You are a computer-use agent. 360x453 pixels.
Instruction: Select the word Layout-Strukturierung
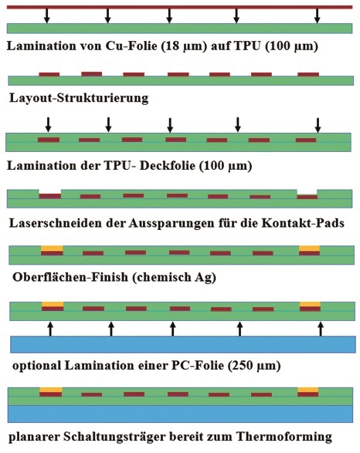pyautogui.click(x=79, y=98)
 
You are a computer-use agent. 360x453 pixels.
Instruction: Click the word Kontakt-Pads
pyautogui.click(x=303, y=223)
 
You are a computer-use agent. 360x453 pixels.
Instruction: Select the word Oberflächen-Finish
pyautogui.click(x=70, y=277)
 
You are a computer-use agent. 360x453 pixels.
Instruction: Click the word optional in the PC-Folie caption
pyautogui.click(x=37, y=366)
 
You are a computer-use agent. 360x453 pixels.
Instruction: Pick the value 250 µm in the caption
pyautogui.click(x=254, y=366)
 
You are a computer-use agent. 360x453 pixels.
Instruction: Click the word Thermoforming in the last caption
pyautogui.click(x=284, y=437)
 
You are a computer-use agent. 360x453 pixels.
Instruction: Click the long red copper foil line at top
pyautogui.click(x=179, y=7)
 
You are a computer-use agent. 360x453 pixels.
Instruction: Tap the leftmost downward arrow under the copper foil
pyautogui.click(x=46, y=16)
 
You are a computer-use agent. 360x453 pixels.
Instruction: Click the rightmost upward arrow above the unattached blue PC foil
pyautogui.click(x=321, y=329)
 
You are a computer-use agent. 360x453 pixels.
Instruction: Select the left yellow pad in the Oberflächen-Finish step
pyautogui.click(x=52, y=248)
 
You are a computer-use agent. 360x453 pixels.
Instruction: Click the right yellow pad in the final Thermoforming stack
pyautogui.click(x=308, y=390)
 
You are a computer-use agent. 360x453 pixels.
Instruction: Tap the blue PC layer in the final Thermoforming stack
pyautogui.click(x=181, y=414)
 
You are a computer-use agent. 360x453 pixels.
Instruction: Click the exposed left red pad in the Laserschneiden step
pyautogui.click(x=50, y=196)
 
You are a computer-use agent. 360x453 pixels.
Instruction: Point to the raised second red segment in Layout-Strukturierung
pyautogui.click(x=92, y=74)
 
